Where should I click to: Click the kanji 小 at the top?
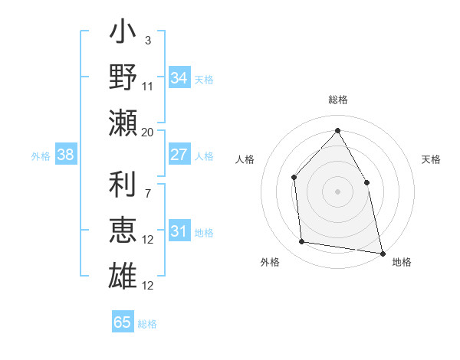(123, 35)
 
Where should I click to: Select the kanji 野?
(123, 77)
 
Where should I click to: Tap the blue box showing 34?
(179, 78)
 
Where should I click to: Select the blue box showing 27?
(179, 155)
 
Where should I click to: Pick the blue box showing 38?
(66, 155)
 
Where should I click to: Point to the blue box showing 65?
(123, 322)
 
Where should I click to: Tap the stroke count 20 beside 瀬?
(148, 132)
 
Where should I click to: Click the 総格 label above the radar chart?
(337, 100)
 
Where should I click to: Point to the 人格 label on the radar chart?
(245, 160)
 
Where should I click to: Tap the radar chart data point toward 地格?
(382, 253)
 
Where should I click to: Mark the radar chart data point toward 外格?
(302, 242)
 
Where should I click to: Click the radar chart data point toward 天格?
(366, 182)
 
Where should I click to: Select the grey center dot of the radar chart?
(337, 191)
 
